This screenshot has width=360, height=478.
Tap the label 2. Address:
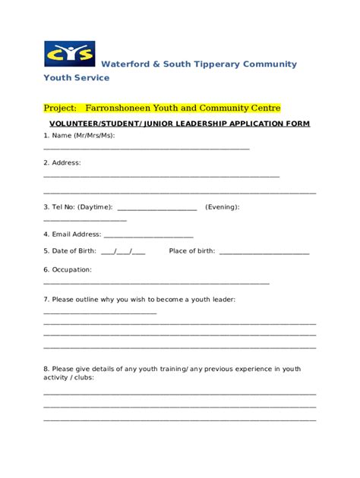(x=62, y=162)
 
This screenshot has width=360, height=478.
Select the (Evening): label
(x=223, y=206)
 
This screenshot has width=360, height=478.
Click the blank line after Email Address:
(x=148, y=237)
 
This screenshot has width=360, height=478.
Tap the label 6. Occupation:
(x=68, y=269)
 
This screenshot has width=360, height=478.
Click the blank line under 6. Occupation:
(x=156, y=283)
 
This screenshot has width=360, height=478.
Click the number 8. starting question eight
(x=46, y=369)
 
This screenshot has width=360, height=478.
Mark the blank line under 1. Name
(x=147, y=149)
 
